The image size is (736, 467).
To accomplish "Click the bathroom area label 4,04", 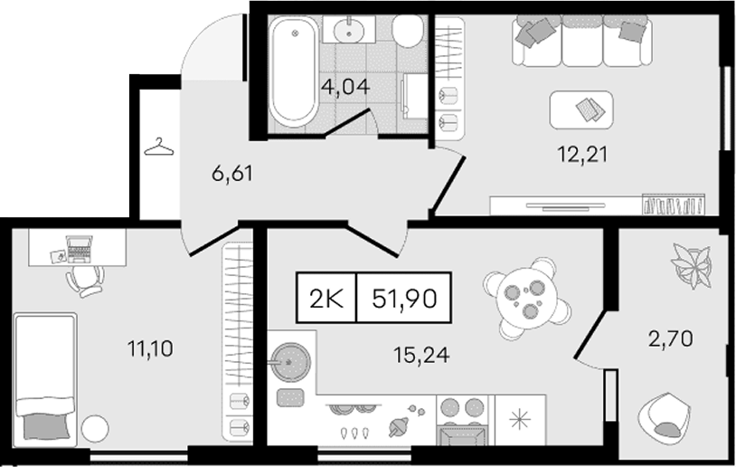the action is click(x=346, y=87).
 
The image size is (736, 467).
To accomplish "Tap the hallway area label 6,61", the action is click(x=232, y=174).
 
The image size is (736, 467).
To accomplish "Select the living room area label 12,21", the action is click(x=582, y=154).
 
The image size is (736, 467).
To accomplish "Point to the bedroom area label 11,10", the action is click(x=150, y=348).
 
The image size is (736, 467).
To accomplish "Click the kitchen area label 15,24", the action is click(x=421, y=355).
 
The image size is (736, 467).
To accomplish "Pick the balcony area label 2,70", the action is click(x=670, y=338).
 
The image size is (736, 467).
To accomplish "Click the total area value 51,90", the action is click(x=404, y=299).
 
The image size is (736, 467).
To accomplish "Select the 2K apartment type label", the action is click(x=326, y=299).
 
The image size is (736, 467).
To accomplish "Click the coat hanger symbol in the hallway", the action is click(x=158, y=147).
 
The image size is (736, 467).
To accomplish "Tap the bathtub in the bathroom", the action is click(x=294, y=71).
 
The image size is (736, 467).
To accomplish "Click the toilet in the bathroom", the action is click(x=408, y=31).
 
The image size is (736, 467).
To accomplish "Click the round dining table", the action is click(x=526, y=297).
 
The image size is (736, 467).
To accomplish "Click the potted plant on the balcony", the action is click(x=691, y=265).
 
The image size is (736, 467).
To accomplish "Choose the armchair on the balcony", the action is click(x=664, y=416).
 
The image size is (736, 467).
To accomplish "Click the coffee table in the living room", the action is click(x=581, y=110).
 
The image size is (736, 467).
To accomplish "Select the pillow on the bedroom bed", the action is click(x=46, y=426).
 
